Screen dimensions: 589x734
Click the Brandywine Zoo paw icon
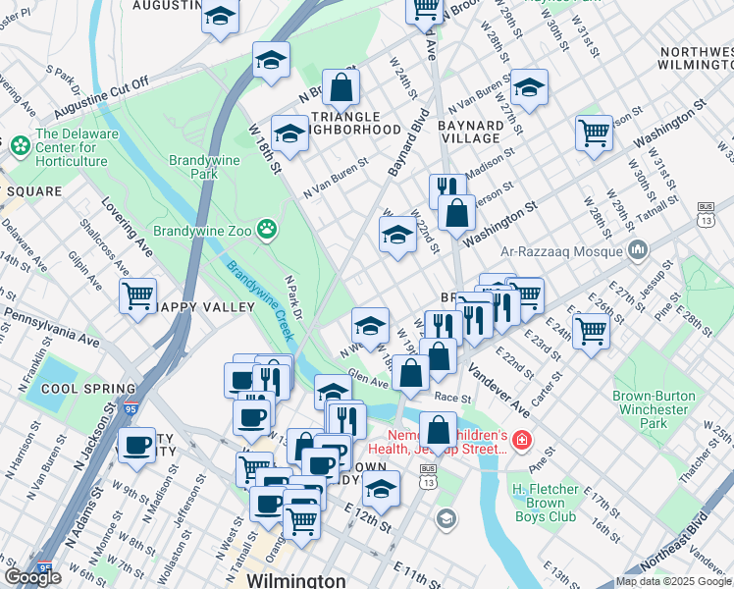267,229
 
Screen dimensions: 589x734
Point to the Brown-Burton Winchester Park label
655,409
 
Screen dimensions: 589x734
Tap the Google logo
32,577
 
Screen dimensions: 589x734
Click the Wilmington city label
295,580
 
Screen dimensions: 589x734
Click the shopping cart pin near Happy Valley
137,295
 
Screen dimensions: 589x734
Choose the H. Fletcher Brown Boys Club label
553,503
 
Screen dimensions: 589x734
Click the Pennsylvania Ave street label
51,329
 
